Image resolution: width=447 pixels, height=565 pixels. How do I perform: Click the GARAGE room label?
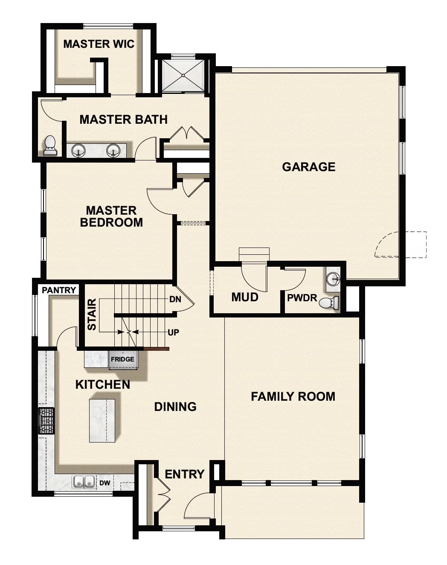(x=308, y=167)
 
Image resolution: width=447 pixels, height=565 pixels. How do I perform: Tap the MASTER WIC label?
(x=99, y=44)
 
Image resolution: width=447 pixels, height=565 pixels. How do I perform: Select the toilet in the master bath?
(x=50, y=146)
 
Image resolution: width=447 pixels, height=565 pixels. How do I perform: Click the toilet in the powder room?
(x=329, y=303)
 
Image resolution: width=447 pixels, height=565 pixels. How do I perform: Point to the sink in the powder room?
(x=333, y=279)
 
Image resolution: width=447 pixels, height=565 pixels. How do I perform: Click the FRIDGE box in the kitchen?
(x=122, y=359)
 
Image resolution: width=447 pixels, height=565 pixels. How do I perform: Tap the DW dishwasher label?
(x=105, y=483)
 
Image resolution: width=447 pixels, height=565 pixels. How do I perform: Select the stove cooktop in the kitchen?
(x=46, y=421)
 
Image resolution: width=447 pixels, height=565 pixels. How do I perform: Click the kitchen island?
(x=102, y=420)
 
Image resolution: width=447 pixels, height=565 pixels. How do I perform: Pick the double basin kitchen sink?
(x=84, y=482)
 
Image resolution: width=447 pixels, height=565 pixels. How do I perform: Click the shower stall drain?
(x=183, y=76)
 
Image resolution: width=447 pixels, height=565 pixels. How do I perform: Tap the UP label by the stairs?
(x=173, y=332)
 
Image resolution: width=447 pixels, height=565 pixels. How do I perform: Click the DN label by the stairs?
(x=175, y=299)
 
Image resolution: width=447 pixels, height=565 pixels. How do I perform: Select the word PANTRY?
(x=59, y=290)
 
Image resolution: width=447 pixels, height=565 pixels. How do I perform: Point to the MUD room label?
(x=245, y=297)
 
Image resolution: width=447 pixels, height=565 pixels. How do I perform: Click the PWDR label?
(x=302, y=298)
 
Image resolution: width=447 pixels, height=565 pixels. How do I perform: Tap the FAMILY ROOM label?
(x=293, y=396)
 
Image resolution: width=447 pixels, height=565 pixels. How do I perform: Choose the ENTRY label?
(x=184, y=474)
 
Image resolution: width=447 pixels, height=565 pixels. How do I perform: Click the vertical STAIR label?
(x=92, y=315)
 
